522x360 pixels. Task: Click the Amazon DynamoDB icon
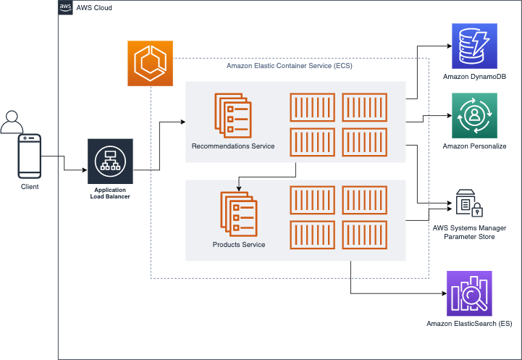click(x=473, y=46)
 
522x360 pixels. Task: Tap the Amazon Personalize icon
click(x=473, y=115)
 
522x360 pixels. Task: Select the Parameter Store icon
click(x=469, y=204)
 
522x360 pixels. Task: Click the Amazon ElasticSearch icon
click(x=469, y=293)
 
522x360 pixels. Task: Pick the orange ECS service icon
click(x=151, y=63)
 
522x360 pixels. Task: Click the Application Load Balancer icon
click(x=110, y=160)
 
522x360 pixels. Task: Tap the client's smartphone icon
click(x=30, y=156)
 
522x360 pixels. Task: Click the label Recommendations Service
click(x=233, y=146)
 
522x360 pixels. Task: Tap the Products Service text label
click(x=239, y=245)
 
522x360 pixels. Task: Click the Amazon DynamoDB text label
click(x=474, y=77)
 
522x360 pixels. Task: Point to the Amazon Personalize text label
click(x=474, y=146)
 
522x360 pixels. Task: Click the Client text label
click(x=30, y=187)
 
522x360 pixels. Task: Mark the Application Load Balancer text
click(x=110, y=193)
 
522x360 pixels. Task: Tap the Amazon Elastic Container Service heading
click(x=290, y=66)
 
